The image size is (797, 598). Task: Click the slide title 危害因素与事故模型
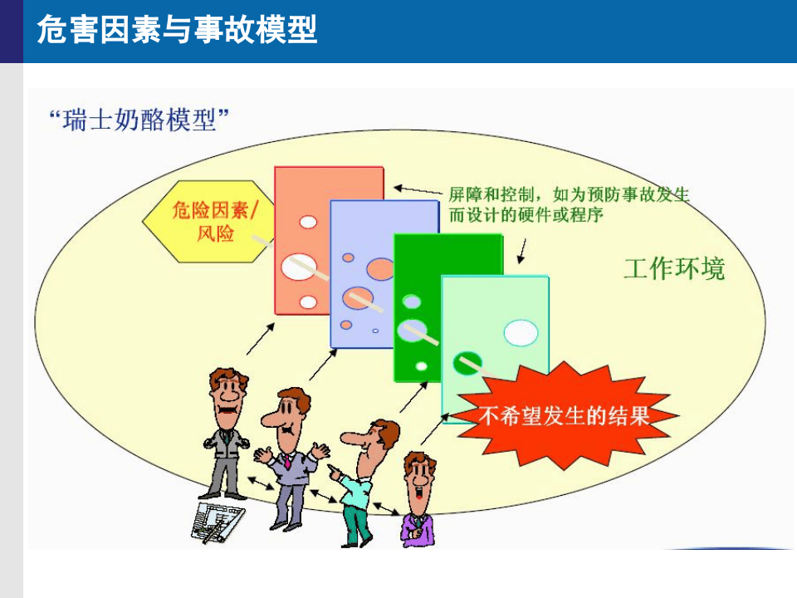tap(177, 31)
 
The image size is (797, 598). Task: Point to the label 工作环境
tap(673, 268)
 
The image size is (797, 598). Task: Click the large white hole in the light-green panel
tap(521, 332)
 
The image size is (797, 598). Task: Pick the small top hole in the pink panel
tap(308, 222)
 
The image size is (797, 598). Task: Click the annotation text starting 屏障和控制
tap(569, 204)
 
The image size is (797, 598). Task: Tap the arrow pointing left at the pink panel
tap(415, 189)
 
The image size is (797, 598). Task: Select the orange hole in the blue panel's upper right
tap(381, 268)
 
